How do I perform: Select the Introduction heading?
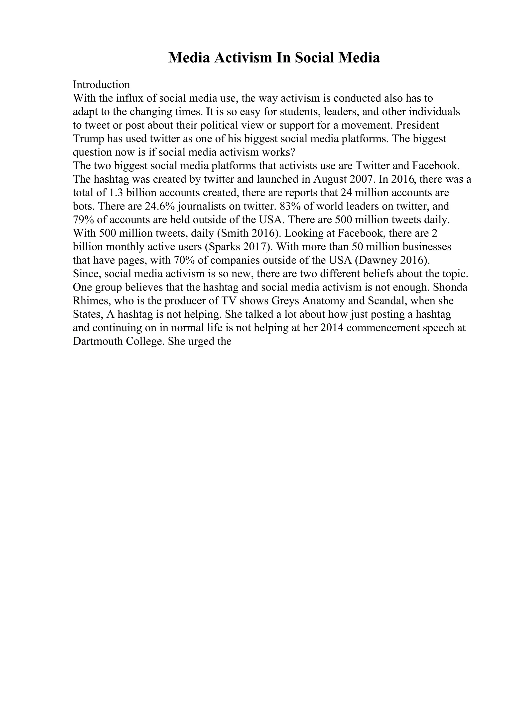point(101,85)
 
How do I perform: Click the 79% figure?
point(83,220)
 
